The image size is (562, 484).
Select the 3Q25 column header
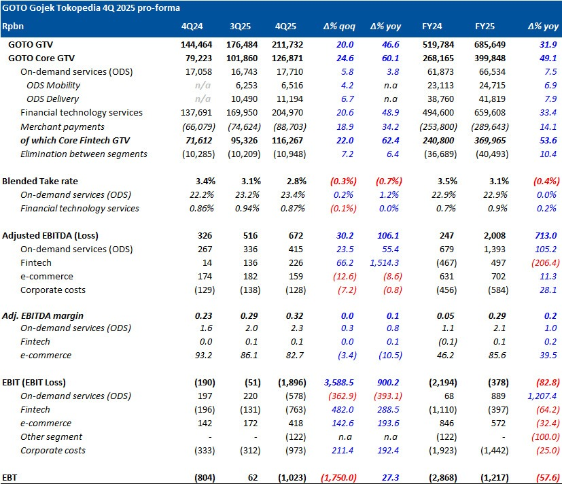pyautogui.click(x=240, y=27)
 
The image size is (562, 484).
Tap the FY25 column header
pyautogui.click(x=485, y=27)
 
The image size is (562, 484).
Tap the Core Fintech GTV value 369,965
pyautogui.click(x=490, y=140)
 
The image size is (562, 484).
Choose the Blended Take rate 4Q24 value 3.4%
pyautogui.click(x=204, y=181)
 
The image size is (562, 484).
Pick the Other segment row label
pyautogui.click(x=52, y=437)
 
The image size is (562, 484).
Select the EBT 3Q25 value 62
pyautogui.click(x=253, y=478)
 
